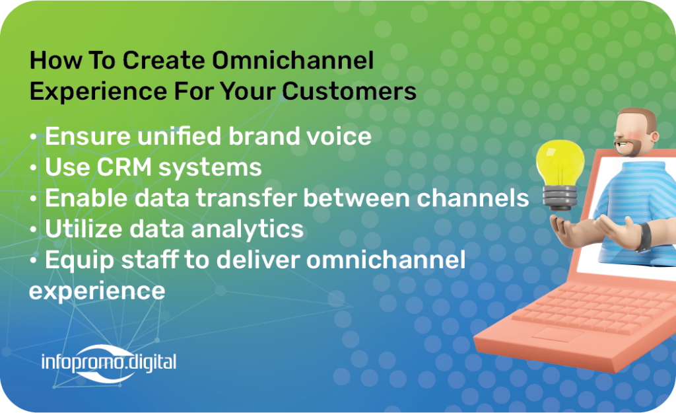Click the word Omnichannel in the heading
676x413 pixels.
tap(292, 60)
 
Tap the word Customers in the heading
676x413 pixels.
tap(350, 91)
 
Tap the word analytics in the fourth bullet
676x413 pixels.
tap(248, 229)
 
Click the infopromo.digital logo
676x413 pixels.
tap(109, 363)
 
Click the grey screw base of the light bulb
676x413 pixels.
tap(560, 198)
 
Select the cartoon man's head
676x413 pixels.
tap(636, 131)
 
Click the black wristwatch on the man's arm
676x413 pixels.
tap(644, 237)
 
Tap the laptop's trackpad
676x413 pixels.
tap(556, 334)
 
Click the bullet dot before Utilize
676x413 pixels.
tap(34, 229)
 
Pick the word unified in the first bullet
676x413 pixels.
tap(180, 136)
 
